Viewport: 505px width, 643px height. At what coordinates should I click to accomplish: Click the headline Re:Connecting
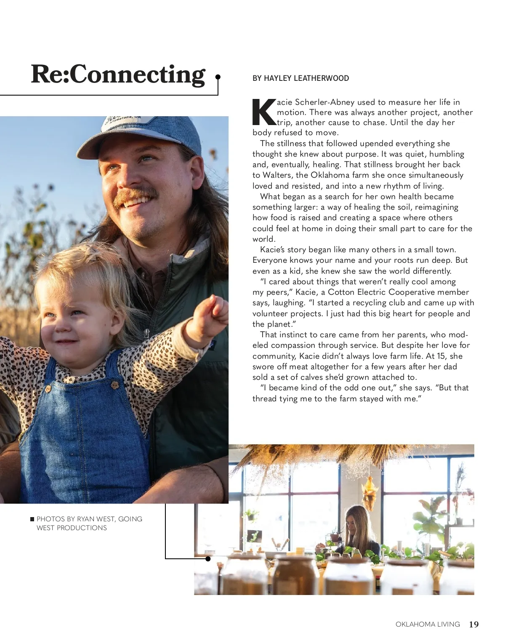[118, 75]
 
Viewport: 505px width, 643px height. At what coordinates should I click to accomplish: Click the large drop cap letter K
[264, 112]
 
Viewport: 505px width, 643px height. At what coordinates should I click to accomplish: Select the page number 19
[474, 624]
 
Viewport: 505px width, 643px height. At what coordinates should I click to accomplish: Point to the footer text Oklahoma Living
[428, 624]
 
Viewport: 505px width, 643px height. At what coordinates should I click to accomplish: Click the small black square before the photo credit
[32, 519]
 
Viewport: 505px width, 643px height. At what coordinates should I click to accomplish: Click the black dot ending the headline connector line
[218, 77]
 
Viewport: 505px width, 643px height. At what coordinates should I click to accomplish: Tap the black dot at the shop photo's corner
[208, 559]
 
